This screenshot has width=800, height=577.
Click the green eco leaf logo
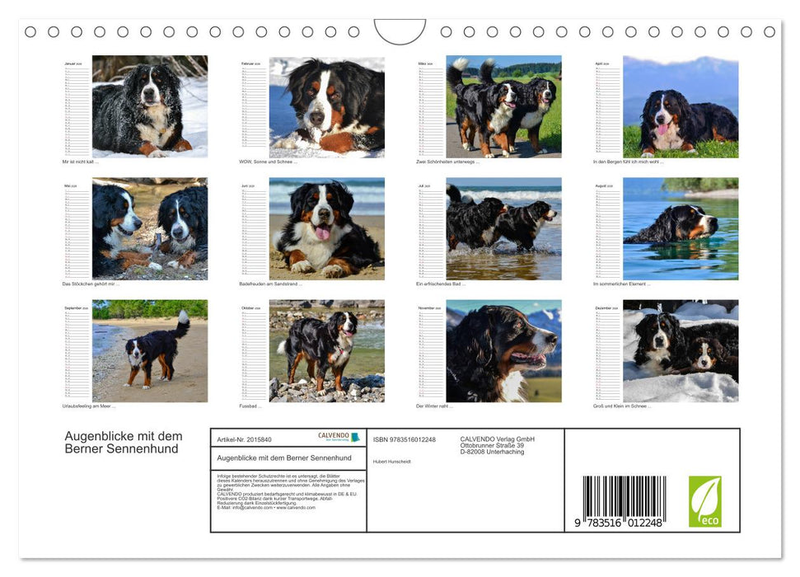pyautogui.click(x=704, y=501)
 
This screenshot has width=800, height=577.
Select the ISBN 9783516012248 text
pyautogui.click(x=405, y=439)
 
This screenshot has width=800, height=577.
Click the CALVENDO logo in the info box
pyautogui.click(x=339, y=437)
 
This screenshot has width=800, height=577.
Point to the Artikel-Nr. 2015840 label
pyautogui.click(x=244, y=439)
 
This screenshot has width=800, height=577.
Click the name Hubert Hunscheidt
pyautogui.click(x=392, y=461)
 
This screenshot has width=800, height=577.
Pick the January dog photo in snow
pyautogui.click(x=150, y=106)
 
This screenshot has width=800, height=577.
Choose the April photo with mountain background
pyautogui.click(x=681, y=106)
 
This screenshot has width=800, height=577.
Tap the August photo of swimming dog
pyautogui.click(x=681, y=228)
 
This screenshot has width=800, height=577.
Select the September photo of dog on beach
pyautogui.click(x=150, y=350)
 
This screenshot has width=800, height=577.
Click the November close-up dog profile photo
pyautogui.click(x=503, y=350)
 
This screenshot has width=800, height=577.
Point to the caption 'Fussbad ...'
pyautogui.click(x=250, y=406)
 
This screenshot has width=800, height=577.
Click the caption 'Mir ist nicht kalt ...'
pyautogui.click(x=81, y=162)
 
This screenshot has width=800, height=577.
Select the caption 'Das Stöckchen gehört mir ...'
pyautogui.click(x=91, y=284)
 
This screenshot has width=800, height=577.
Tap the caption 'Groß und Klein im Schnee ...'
pyautogui.click(x=622, y=406)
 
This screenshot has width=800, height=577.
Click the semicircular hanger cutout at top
pyautogui.click(x=400, y=30)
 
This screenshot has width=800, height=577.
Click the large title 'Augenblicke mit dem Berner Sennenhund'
pyautogui.click(x=124, y=442)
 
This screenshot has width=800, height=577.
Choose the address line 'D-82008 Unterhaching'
pyautogui.click(x=492, y=452)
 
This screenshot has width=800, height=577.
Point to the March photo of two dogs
pyautogui.click(x=503, y=106)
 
